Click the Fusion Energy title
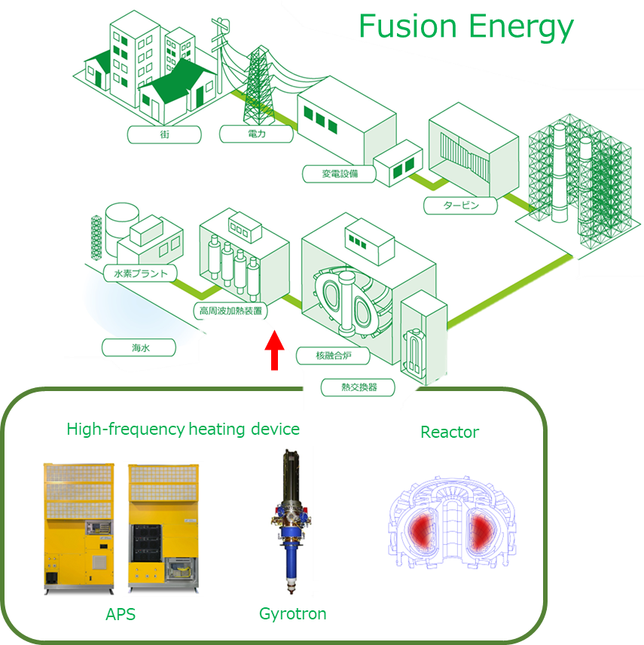coord(465,27)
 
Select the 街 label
coord(164,135)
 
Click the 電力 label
coord(256,135)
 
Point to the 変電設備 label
coord(340,174)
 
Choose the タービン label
coord(461,205)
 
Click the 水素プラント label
coord(140,273)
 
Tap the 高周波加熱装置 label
coord(229,310)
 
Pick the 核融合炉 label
coord(332,354)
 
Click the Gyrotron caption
coord(293,614)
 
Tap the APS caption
coord(121,614)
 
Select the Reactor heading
coord(450,432)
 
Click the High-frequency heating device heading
coord(183,429)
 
